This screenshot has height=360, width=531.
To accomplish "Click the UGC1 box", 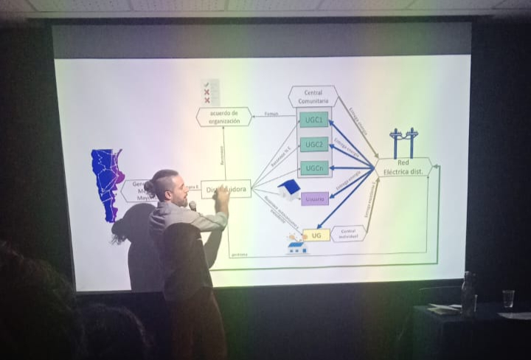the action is point(313,119).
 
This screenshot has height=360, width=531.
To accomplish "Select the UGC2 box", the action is point(313,144).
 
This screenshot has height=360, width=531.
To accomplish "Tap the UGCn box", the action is point(313,168).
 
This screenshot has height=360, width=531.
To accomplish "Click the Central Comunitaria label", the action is point(313,97).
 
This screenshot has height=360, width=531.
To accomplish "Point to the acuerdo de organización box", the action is point(223,117).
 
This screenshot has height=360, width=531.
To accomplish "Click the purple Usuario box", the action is point(314,198).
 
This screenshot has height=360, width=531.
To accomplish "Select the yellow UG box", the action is point(316,235).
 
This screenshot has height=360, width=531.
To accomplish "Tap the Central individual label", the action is point(348,233).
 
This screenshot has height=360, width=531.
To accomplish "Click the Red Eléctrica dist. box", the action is point(403,167).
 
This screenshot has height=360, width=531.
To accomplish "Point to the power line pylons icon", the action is point(403,142).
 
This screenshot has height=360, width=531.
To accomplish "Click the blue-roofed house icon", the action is point(288,189).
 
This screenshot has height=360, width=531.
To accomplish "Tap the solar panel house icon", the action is point(296,243).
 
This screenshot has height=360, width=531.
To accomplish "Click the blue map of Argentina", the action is point(107,184).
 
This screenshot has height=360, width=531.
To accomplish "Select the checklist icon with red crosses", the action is point(207,93).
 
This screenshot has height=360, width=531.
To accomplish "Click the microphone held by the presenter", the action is point(193,207).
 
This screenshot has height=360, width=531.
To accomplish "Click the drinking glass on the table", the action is point(508,298).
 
